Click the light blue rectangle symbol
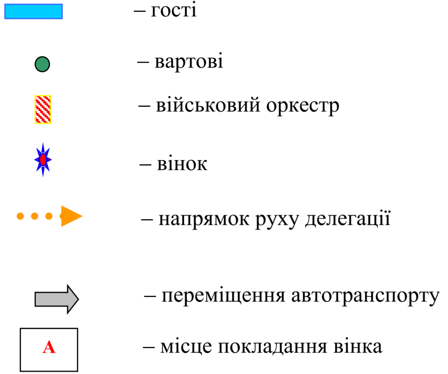(34, 11)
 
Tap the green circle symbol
(42, 65)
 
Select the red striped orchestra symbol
(43, 109)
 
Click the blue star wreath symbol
(43, 160)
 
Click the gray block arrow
(56, 299)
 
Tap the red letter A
(49, 348)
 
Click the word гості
(174, 10)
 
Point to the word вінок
(182, 164)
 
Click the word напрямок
(203, 219)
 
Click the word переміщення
(224, 297)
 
